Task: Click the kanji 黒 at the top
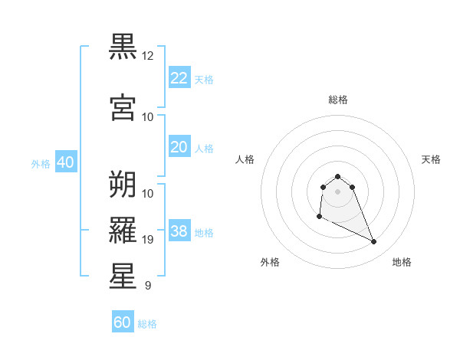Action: [123, 47]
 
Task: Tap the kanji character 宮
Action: [123, 107]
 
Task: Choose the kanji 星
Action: [123, 276]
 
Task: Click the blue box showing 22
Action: [179, 78]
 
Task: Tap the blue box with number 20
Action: [179, 147]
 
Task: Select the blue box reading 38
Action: [179, 231]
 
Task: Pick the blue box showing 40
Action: [65, 162]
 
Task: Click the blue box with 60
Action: [123, 322]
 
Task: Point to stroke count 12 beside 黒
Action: [148, 56]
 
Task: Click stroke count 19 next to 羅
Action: [148, 240]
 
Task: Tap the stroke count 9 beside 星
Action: [148, 286]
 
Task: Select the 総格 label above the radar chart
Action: [338, 100]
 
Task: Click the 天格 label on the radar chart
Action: [431, 159]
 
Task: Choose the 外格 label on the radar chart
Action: [270, 262]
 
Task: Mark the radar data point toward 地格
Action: [374, 242]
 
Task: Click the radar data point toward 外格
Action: [318, 217]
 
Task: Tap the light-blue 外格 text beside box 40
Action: [41, 163]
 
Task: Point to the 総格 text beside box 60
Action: [147, 324]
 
